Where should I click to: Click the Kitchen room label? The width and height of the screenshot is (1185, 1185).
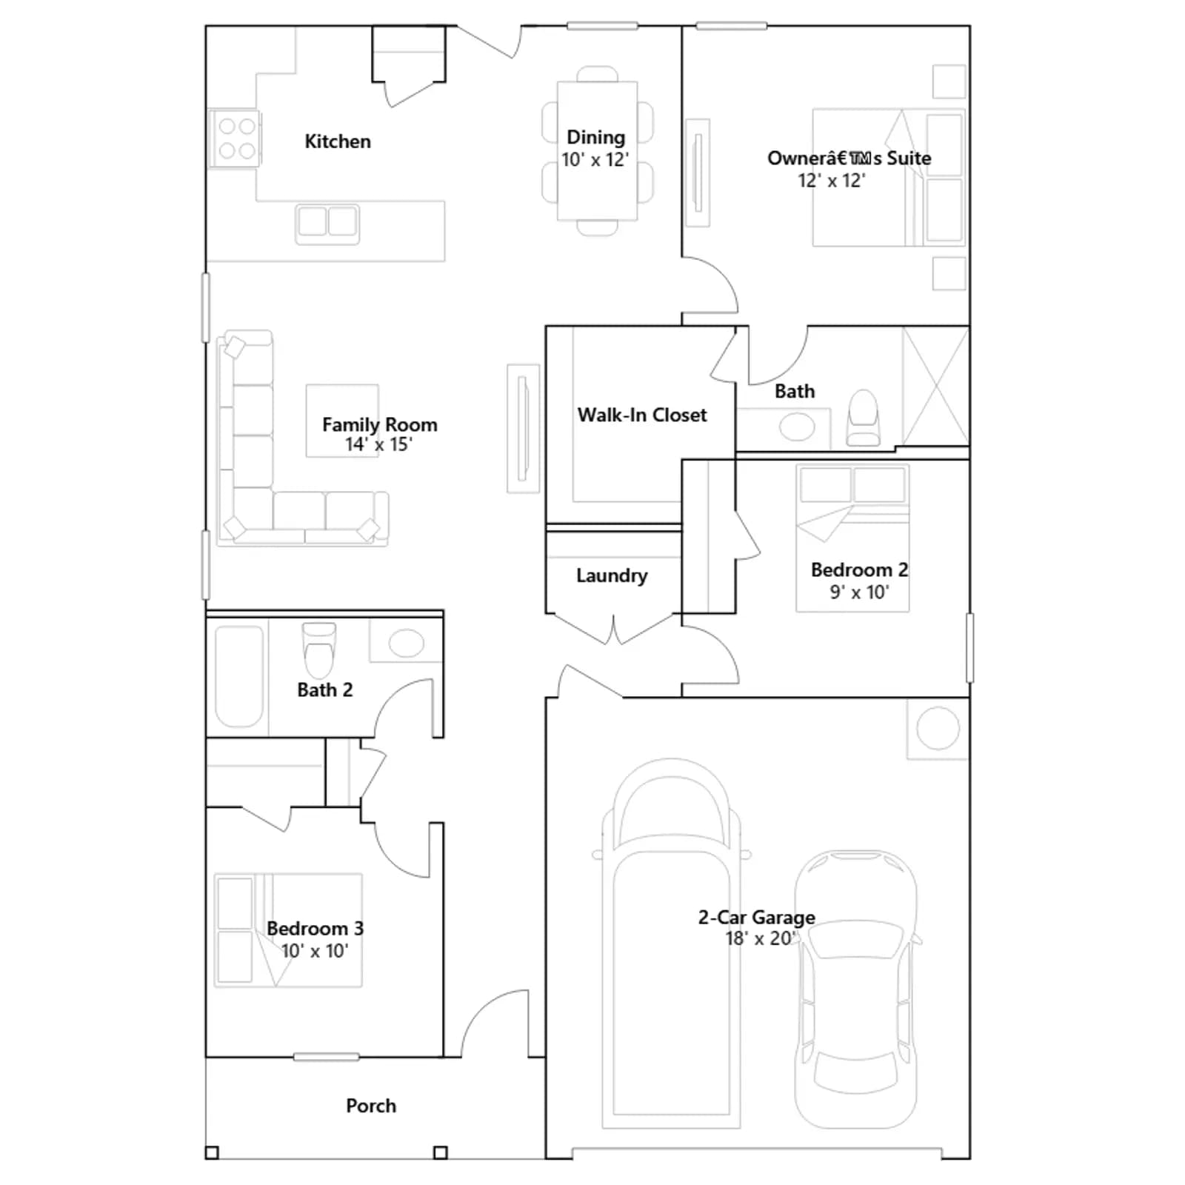pyautogui.click(x=338, y=141)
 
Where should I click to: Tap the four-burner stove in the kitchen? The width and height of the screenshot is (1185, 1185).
pyautogui.click(x=236, y=138)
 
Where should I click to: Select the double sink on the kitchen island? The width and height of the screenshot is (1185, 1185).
pyautogui.click(x=327, y=222)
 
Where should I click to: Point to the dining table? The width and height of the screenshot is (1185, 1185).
pyautogui.click(x=597, y=151)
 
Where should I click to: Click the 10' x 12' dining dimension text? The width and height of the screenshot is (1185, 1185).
pyautogui.click(x=595, y=159)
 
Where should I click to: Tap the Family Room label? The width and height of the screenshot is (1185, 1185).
pyautogui.click(x=380, y=424)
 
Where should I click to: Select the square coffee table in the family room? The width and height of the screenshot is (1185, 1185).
pyautogui.click(x=343, y=421)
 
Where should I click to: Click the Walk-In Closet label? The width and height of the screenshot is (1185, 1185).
pyautogui.click(x=642, y=415)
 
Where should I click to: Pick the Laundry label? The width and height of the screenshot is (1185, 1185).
pyautogui.click(x=612, y=575)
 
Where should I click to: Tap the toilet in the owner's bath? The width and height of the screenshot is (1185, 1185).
pyautogui.click(x=863, y=418)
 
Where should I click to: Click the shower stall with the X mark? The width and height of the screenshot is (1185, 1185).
pyautogui.click(x=935, y=386)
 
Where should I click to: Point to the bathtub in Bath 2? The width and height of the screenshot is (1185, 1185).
pyautogui.click(x=239, y=676)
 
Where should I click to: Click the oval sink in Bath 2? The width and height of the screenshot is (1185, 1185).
pyautogui.click(x=406, y=643)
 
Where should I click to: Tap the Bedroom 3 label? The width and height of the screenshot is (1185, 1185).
pyautogui.click(x=316, y=928)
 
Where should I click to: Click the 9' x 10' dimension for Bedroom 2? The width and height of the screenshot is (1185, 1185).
pyautogui.click(x=859, y=592)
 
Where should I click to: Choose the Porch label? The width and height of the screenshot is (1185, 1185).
pyautogui.click(x=371, y=1106)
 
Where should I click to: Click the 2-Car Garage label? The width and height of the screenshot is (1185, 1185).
pyautogui.click(x=757, y=917)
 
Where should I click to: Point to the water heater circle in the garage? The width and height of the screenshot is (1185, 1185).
pyautogui.click(x=938, y=729)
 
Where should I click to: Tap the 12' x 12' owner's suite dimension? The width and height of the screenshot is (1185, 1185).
pyautogui.click(x=832, y=180)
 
